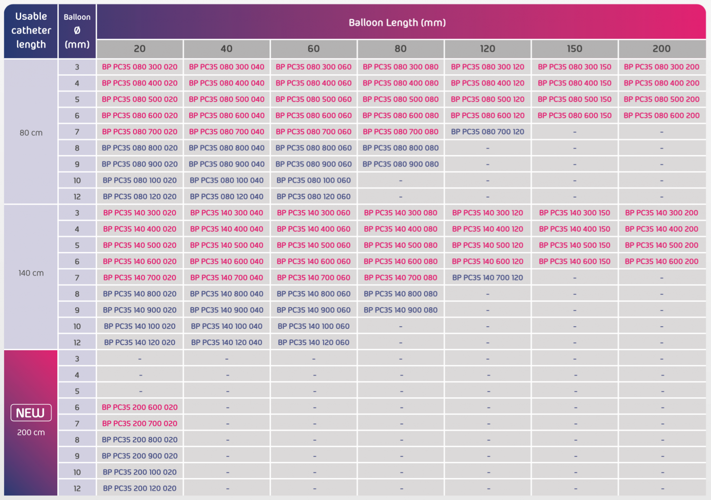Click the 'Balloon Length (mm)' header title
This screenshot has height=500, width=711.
pyautogui.click(x=397, y=23)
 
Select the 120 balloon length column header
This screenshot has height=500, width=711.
pyautogui.click(x=487, y=49)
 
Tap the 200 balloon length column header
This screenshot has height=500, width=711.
pyautogui.click(x=661, y=49)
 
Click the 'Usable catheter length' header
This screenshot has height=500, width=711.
pyautogui.click(x=31, y=31)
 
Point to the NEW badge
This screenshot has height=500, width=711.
pyautogui.click(x=31, y=412)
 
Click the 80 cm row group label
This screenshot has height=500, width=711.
pyautogui.click(x=31, y=133)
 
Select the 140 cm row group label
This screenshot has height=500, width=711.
pyautogui.click(x=31, y=273)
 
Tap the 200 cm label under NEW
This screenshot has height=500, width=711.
pyautogui.click(x=31, y=432)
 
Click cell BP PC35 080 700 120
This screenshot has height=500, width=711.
pyautogui.click(x=487, y=132)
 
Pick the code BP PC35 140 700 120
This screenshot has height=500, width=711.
pyautogui.click(x=487, y=277)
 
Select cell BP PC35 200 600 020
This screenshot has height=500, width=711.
pyautogui.click(x=140, y=407)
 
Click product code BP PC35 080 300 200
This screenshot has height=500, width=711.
pyautogui.click(x=661, y=67)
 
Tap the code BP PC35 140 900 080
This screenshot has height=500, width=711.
pyautogui.click(x=400, y=310)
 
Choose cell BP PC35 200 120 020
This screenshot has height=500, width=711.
pyautogui.click(x=140, y=488)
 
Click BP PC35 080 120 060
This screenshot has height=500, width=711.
pyautogui.click(x=313, y=197)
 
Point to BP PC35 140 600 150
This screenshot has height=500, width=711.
pyautogui.click(x=574, y=261)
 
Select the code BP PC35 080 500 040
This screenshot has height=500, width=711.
pyautogui.click(x=226, y=99)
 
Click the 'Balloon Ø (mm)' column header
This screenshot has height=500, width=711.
pyautogui.click(x=77, y=31)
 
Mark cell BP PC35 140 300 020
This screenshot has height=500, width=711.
pyautogui.click(x=140, y=213)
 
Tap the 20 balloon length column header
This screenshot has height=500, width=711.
pyautogui.click(x=140, y=49)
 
